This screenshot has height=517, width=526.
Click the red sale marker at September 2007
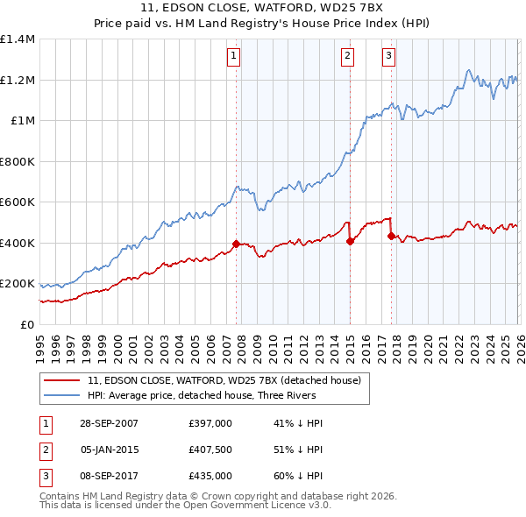(236, 244)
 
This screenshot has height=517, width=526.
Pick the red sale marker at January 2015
(350, 241)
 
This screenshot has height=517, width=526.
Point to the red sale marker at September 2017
(391, 236)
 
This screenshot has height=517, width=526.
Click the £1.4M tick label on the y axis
(18, 39)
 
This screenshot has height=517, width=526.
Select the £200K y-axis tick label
(18, 284)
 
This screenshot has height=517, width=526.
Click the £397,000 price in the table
(210, 423)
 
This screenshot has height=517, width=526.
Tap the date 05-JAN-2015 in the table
(110, 450)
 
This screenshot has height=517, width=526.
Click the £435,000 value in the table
(210, 476)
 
